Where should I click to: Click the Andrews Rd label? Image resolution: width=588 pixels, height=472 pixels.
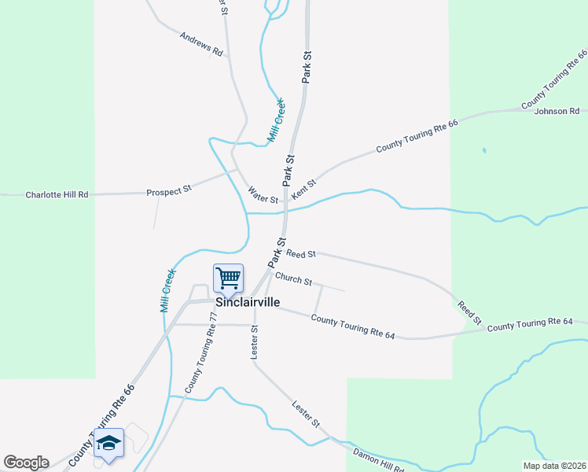(202, 44)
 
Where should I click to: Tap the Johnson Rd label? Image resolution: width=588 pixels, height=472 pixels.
(557, 111)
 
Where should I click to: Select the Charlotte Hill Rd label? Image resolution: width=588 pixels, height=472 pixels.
(57, 194)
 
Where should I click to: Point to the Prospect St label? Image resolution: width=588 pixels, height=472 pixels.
(169, 191)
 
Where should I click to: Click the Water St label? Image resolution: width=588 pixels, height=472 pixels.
(263, 195)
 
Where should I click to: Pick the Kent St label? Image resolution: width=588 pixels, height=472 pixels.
(303, 189)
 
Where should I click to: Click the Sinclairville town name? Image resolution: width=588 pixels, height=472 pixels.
(248, 301)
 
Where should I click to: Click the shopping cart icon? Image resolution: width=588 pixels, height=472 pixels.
(228, 278)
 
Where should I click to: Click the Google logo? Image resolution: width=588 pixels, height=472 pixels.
(26, 463)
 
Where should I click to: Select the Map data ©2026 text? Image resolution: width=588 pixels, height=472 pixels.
(554, 466)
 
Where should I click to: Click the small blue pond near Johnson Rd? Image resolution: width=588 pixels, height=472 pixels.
(483, 149)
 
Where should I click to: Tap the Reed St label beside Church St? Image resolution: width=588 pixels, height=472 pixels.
(301, 254)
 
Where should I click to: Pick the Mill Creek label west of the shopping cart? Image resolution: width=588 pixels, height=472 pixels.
(168, 290)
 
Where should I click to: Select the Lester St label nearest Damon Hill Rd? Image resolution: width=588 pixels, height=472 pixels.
(306, 415)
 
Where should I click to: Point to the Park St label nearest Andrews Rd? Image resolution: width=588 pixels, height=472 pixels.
(307, 67)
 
